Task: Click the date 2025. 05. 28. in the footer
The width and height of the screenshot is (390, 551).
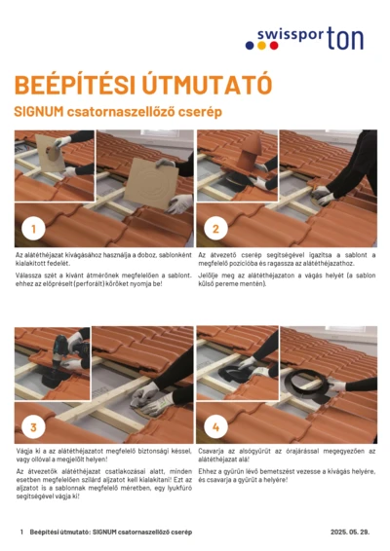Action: point(350,533)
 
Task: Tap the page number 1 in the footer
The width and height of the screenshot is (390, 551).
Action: point(20,533)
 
